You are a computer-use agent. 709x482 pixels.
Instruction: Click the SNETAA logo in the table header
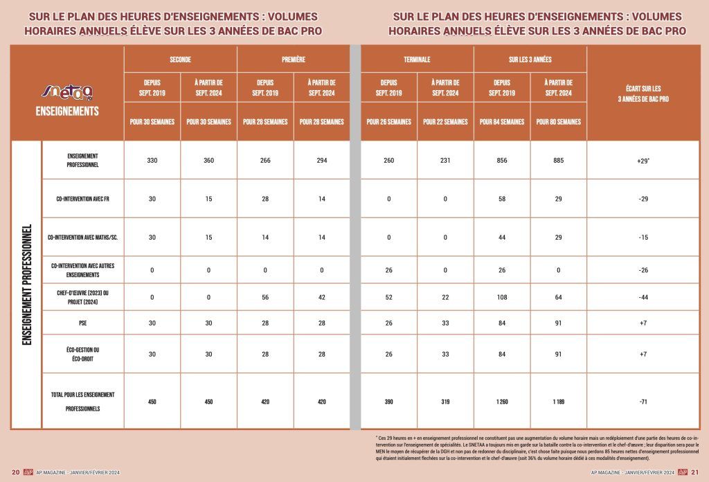click(67, 90)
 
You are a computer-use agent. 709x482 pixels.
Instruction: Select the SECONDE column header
click(180, 60)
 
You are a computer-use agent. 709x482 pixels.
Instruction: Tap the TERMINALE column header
click(417, 60)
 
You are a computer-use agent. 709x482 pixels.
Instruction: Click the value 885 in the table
click(558, 161)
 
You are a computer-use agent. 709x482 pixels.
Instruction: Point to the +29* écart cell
click(643, 161)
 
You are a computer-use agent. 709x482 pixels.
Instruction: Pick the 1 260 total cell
click(501, 401)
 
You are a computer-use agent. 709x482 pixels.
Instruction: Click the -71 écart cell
click(643, 401)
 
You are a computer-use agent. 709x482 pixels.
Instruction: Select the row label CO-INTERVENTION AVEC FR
click(82, 199)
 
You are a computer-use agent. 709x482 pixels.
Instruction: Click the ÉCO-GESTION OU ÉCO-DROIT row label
click(82, 354)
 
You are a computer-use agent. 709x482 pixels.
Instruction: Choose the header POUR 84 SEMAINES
click(501, 122)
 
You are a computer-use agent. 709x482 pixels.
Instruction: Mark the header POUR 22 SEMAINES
click(445, 122)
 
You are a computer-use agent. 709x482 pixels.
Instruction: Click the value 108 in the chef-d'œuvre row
click(501, 297)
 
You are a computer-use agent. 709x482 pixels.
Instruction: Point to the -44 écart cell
click(643, 297)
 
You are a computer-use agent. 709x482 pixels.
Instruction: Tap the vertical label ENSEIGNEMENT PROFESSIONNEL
click(27, 284)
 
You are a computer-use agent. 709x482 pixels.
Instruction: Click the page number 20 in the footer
click(15, 472)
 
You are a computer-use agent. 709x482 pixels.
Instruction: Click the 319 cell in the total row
click(445, 401)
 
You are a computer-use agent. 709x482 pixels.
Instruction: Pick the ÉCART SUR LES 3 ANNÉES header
click(643, 93)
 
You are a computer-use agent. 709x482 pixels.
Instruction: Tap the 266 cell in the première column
click(265, 161)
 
